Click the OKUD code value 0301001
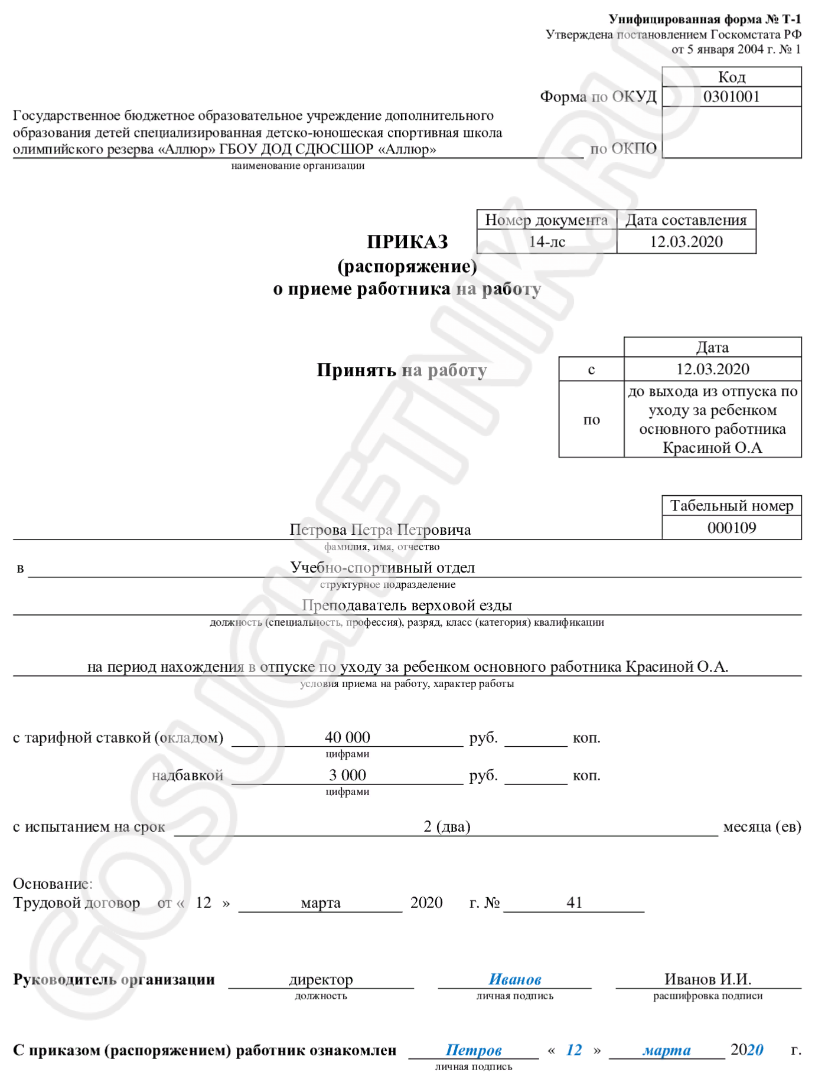(x=731, y=96)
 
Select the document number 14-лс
(x=546, y=241)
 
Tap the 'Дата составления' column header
(x=686, y=220)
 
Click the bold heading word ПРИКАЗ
(x=407, y=241)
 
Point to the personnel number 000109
(x=731, y=528)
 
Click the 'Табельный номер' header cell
(x=731, y=506)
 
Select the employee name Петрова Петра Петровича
(x=380, y=529)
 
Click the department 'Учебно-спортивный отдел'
(x=382, y=567)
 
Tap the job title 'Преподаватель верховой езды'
(x=406, y=605)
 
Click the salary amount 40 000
(x=347, y=737)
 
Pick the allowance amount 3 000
(x=347, y=775)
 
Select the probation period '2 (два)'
(x=446, y=826)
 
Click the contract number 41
(x=574, y=903)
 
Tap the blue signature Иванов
(x=514, y=980)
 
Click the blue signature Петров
(x=473, y=1051)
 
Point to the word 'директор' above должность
(x=321, y=980)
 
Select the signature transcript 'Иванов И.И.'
(x=708, y=980)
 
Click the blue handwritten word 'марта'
(x=666, y=1051)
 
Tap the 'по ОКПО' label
(x=623, y=149)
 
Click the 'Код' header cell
(x=731, y=77)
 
